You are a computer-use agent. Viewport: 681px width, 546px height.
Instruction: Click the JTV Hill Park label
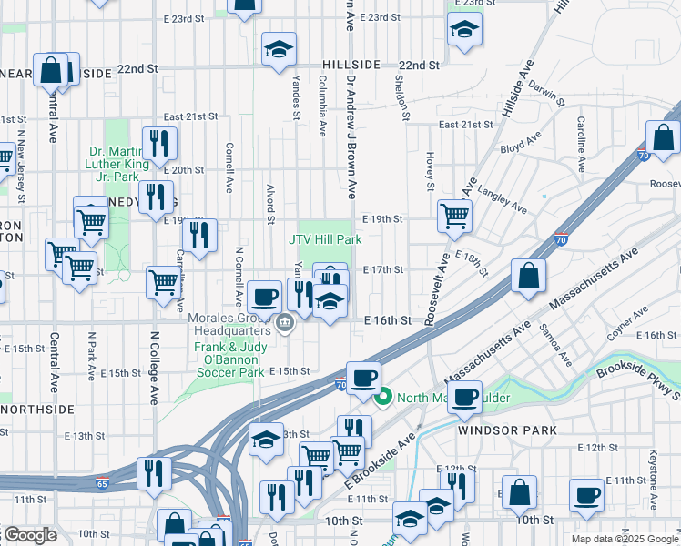tap(325, 239)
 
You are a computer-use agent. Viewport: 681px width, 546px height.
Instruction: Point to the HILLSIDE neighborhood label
tap(351, 66)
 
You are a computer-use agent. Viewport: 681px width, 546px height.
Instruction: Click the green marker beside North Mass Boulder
tap(383, 396)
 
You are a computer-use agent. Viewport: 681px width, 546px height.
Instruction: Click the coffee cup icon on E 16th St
tap(265, 296)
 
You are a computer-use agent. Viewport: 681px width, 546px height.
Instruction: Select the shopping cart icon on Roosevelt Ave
tap(454, 216)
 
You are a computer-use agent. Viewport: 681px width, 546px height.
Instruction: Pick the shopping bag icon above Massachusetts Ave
tap(528, 274)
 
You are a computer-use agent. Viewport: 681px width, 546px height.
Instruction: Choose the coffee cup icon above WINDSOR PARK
tap(465, 396)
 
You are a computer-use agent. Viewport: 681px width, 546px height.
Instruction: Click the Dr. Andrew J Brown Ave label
tap(351, 136)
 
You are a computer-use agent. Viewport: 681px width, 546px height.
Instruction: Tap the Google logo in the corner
tap(29, 535)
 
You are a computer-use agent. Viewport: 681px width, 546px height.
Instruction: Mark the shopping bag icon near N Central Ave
tap(52, 70)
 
